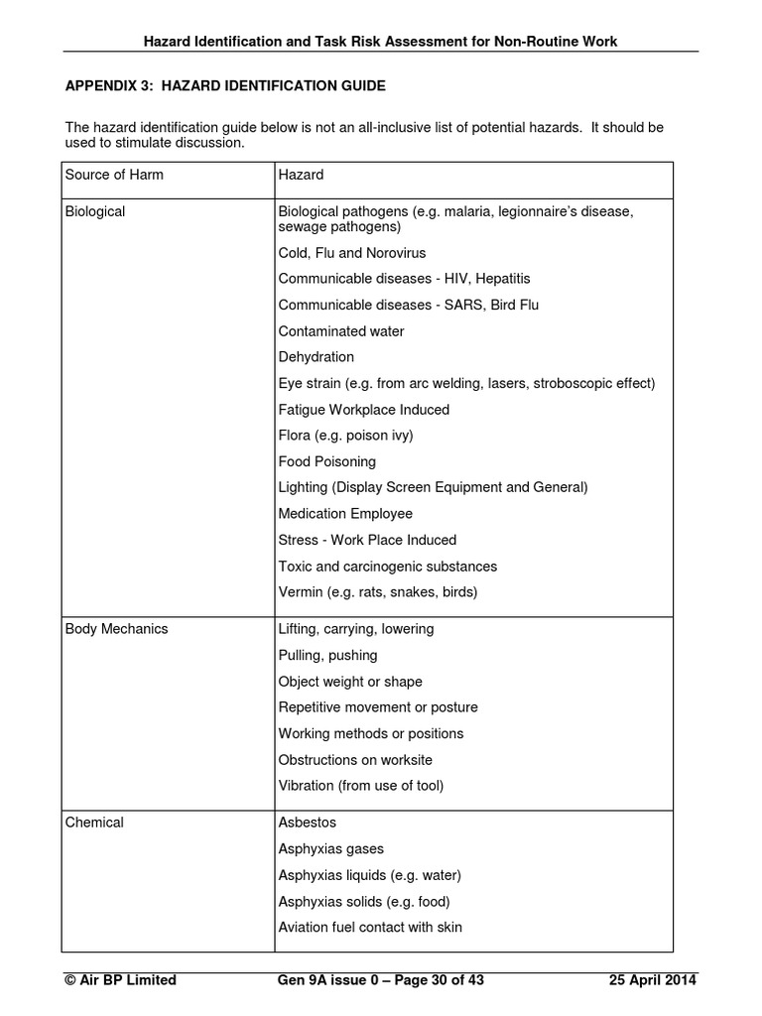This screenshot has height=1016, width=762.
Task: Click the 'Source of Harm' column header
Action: (x=114, y=176)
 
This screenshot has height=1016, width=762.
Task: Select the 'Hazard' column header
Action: (x=301, y=176)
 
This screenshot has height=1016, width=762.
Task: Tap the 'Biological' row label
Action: (x=95, y=212)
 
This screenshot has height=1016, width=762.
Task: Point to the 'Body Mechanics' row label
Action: (x=116, y=629)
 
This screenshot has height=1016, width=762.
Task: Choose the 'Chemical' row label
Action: (x=94, y=823)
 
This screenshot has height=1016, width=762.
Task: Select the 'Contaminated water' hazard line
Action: (x=341, y=331)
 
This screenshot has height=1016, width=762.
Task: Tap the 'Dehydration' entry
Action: (x=316, y=357)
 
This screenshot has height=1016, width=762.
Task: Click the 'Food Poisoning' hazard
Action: (x=326, y=461)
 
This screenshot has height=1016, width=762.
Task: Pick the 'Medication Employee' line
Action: (x=345, y=514)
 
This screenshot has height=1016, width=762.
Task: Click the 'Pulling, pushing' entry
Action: (x=327, y=656)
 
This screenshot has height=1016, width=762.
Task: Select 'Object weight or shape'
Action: (x=350, y=682)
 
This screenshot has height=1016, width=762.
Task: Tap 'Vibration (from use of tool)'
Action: (x=361, y=786)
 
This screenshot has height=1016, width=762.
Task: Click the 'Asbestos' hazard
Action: (x=308, y=823)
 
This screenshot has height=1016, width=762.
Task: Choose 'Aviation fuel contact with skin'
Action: (x=370, y=928)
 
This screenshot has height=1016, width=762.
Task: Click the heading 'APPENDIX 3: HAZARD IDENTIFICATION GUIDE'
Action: (x=225, y=86)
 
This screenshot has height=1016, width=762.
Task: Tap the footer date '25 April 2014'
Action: (x=652, y=980)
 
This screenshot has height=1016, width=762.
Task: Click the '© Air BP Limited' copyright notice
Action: (x=120, y=980)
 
